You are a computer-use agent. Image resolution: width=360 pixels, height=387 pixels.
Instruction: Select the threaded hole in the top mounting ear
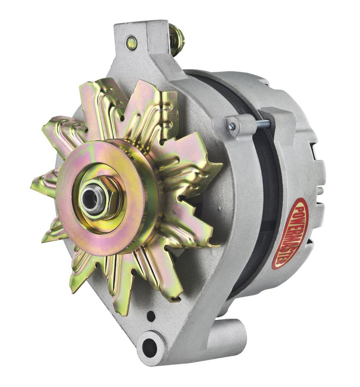point(131,43)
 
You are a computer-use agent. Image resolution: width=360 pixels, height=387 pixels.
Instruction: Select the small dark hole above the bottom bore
point(151,316)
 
